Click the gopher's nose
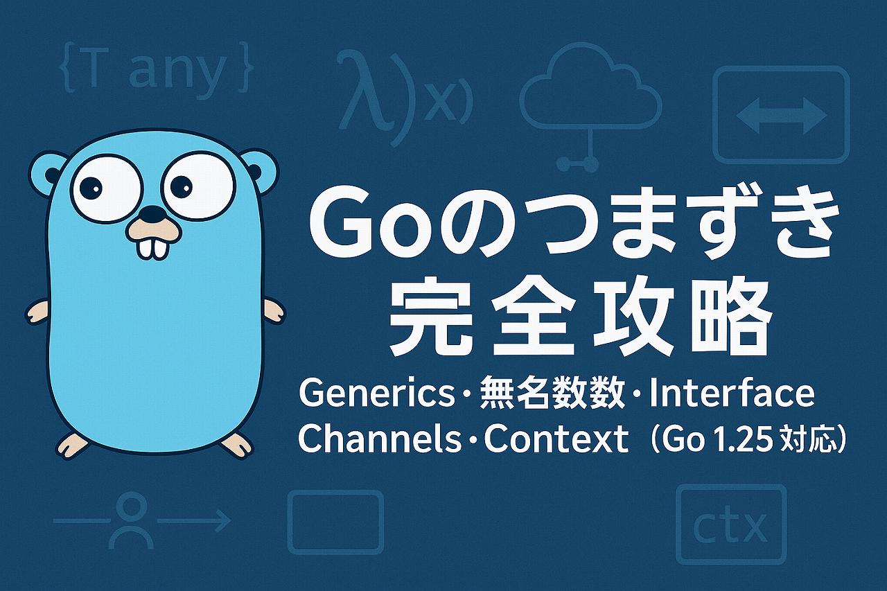tap(153, 214)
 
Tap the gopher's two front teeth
tap(152, 247)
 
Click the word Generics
tap(376, 394)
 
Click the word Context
tap(556, 439)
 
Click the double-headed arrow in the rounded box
tap(781, 116)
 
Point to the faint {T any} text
tap(156, 71)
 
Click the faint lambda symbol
tap(361, 91)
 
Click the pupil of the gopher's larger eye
tap(182, 186)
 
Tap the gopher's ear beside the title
tap(258, 171)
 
